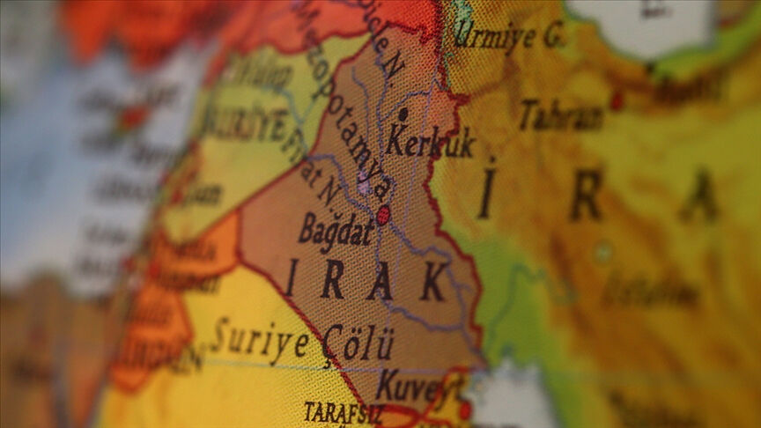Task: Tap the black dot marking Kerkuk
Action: [403, 114]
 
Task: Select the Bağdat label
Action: [336, 228]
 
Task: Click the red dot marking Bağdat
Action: [383, 215]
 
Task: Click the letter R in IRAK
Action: [332, 280]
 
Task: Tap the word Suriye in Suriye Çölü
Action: [260, 342]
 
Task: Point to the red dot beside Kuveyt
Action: [464, 410]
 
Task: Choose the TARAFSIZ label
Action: [339, 412]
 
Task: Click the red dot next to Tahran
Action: [617, 100]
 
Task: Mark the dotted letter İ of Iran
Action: [487, 189]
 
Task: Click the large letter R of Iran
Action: [586, 196]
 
